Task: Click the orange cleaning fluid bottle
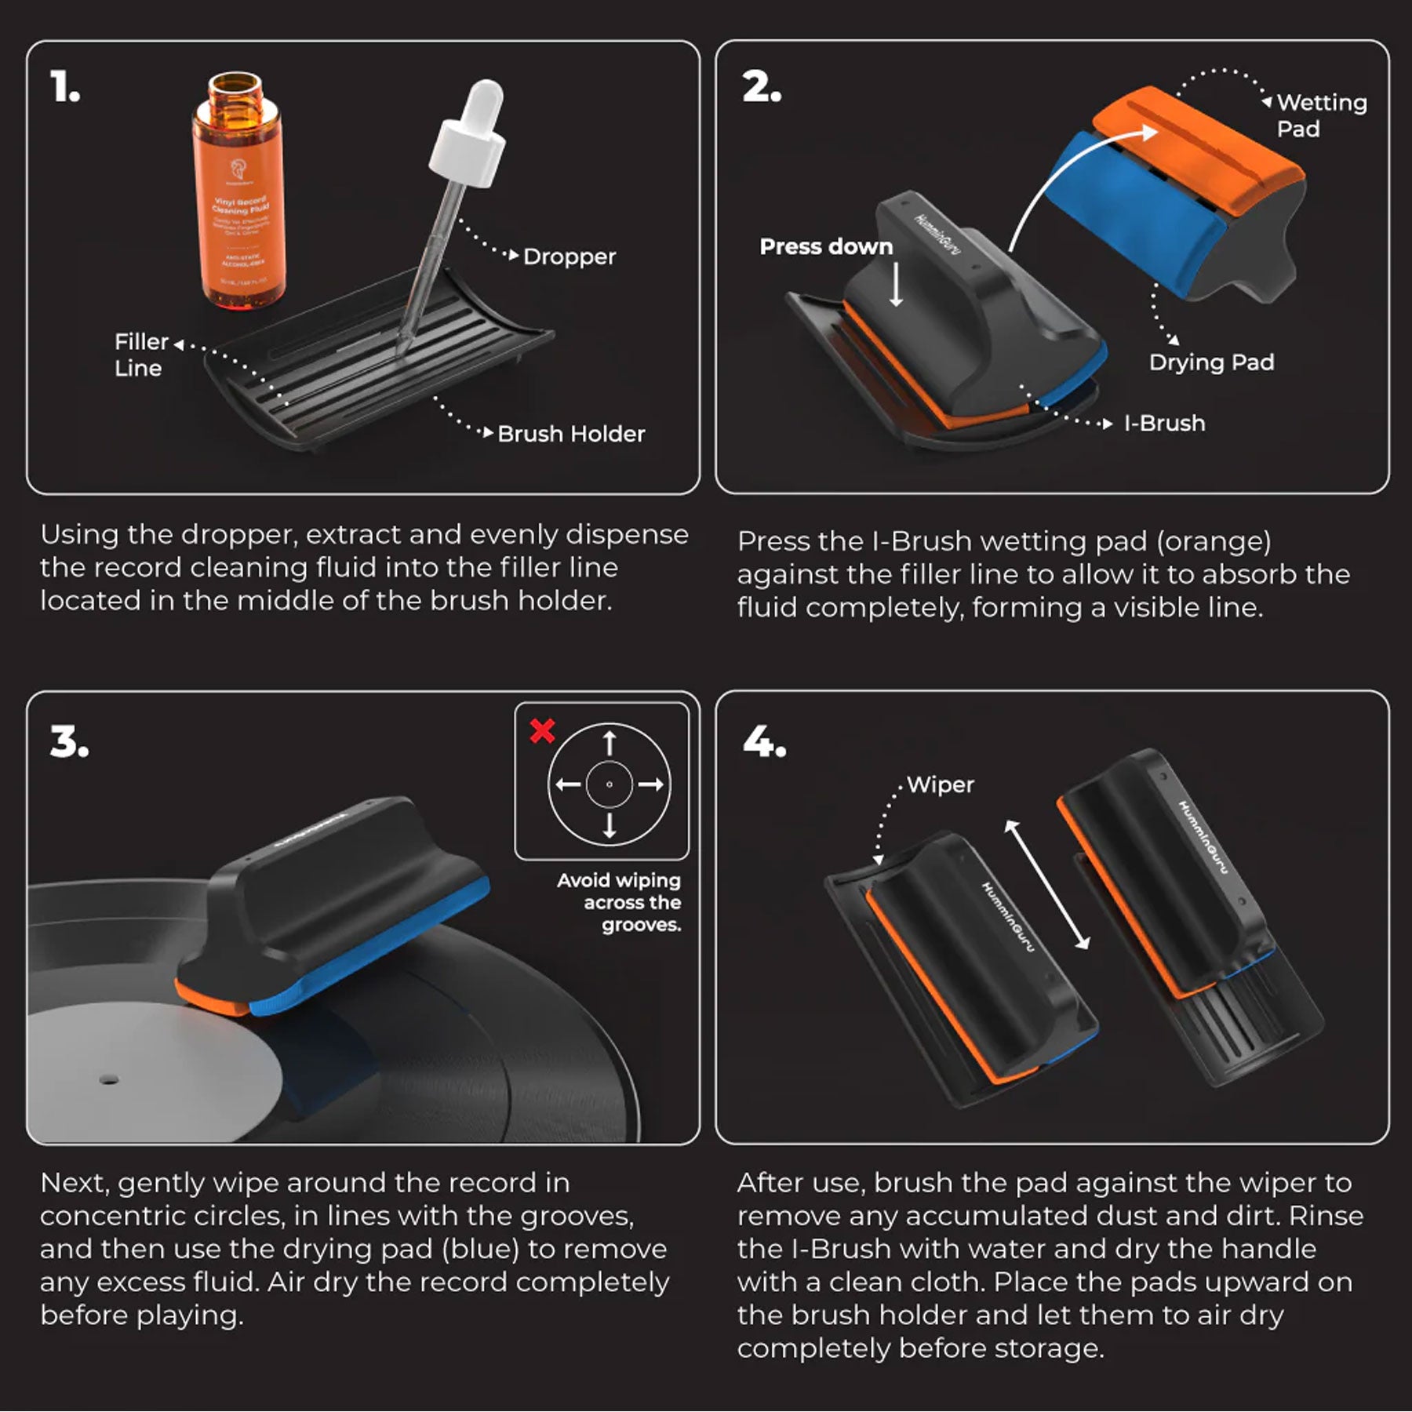[239, 196]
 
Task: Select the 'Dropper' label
[569, 257]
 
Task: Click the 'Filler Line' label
[140, 355]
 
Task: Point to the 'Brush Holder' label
[570, 434]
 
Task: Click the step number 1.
[65, 87]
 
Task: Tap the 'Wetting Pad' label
[1321, 115]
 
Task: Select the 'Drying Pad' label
[1211, 362]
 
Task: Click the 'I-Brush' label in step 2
[1164, 424]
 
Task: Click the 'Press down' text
[826, 246]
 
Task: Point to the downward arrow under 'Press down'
[896, 285]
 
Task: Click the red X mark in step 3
[542, 730]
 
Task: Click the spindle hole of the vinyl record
[109, 1079]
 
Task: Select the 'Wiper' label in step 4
[940, 784]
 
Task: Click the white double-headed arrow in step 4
[1047, 884]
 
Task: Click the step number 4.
[763, 741]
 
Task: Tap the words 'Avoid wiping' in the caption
[619, 880]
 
